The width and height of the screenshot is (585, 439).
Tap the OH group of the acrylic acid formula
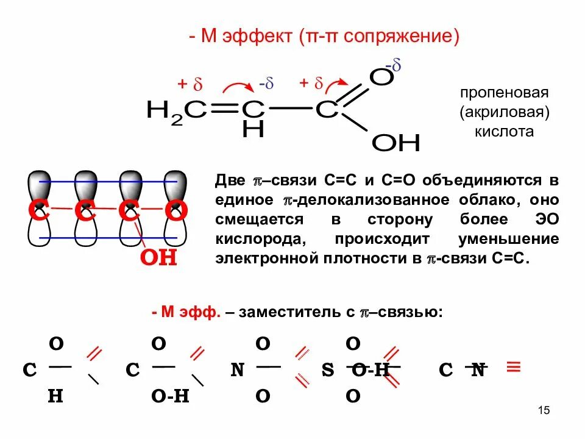(x=396, y=143)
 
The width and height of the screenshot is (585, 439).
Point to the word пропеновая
(x=505, y=93)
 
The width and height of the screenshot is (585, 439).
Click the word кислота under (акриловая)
(x=505, y=131)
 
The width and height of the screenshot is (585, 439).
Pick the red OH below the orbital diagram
(x=158, y=257)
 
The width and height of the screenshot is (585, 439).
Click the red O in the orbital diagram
(x=176, y=211)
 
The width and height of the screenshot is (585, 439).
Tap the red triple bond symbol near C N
(x=514, y=367)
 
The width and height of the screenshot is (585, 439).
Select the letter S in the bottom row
(x=328, y=369)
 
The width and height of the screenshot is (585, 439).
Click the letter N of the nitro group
(x=238, y=369)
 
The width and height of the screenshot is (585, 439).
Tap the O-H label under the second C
(x=170, y=396)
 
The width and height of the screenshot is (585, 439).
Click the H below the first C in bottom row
(x=55, y=396)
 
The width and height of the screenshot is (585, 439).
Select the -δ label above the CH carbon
(x=266, y=84)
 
